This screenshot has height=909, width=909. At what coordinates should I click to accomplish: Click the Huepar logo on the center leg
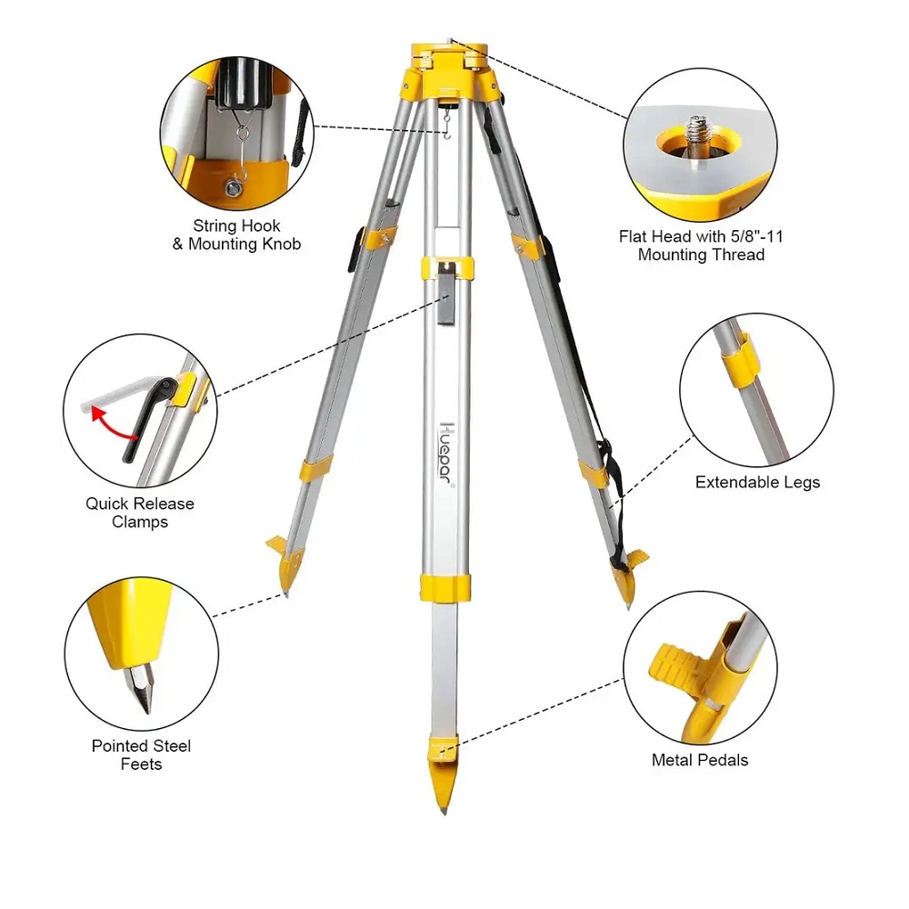pos(445,455)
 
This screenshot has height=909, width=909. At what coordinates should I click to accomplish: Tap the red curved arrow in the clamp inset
pos(114,425)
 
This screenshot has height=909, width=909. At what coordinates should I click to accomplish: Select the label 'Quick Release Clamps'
pos(140,513)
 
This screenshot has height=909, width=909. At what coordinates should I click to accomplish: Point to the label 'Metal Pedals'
pos(700,760)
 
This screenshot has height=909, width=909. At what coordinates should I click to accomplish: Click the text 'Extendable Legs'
pos(757,483)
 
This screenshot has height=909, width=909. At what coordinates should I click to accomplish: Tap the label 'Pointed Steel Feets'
pos(141,754)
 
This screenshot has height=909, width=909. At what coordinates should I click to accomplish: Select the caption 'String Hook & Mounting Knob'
pos(236,235)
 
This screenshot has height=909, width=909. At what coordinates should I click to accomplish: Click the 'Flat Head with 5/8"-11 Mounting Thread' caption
pos(701,245)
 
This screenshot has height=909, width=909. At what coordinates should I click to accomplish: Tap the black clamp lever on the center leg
pos(445,293)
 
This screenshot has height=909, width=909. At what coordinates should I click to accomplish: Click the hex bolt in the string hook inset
pos(233,186)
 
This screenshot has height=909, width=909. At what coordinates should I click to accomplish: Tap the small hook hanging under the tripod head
pos(446,125)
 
